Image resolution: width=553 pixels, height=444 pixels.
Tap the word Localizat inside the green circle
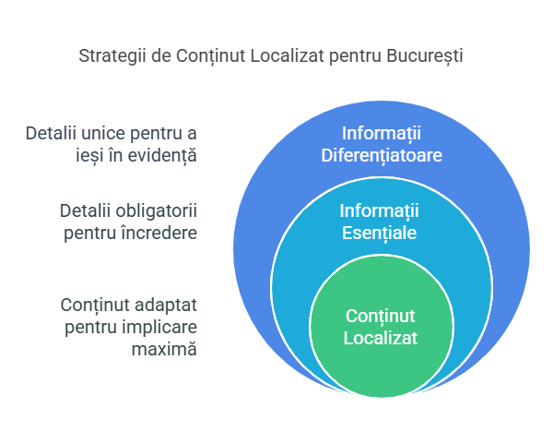pyautogui.click(x=381, y=338)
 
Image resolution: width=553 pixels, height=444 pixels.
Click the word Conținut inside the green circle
pyautogui.click(x=381, y=317)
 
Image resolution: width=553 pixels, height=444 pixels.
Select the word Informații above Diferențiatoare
pyautogui.click(x=381, y=132)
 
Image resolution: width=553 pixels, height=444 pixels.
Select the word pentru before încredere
pyautogui.click(x=90, y=233)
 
